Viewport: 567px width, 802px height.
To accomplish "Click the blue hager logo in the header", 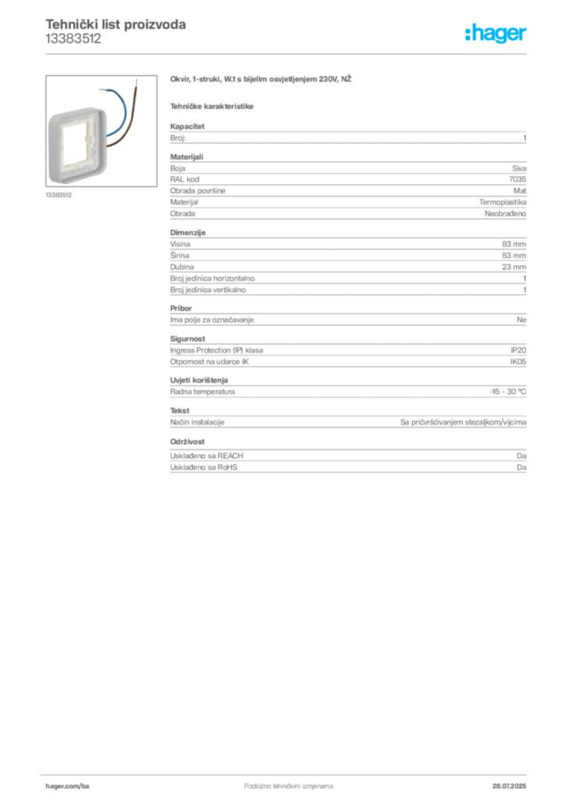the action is (x=497, y=34).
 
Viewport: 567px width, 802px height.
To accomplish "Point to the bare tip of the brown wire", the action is (x=139, y=81).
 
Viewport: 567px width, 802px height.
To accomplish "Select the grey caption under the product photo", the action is (x=60, y=195).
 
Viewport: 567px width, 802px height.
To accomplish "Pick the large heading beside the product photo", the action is (x=262, y=78).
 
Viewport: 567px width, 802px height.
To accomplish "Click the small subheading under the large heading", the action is (x=213, y=105).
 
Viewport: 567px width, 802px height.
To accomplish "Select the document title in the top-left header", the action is (x=116, y=24).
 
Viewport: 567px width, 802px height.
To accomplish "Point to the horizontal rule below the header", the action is (x=313, y=52).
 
